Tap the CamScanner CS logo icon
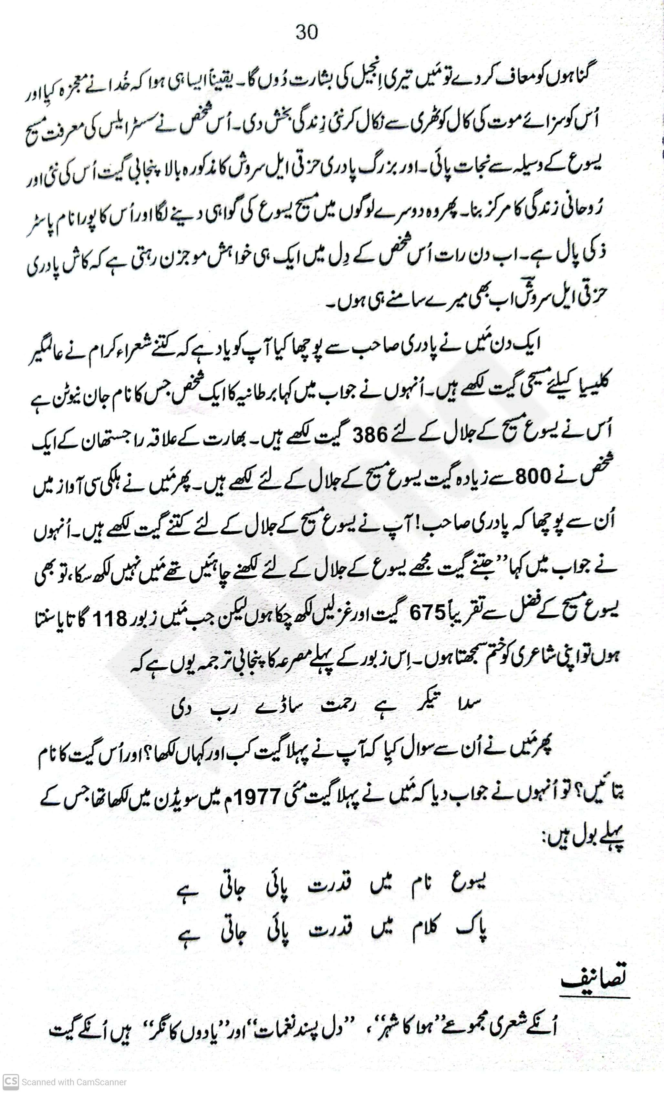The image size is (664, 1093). pos(10,1082)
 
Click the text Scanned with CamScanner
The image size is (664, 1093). pos(74,1082)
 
